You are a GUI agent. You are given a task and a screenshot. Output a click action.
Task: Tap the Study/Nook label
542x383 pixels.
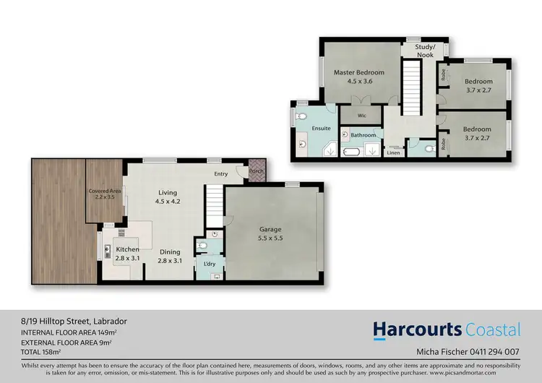[x=424, y=51]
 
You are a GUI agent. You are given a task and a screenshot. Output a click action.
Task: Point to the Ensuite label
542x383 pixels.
[x=321, y=129]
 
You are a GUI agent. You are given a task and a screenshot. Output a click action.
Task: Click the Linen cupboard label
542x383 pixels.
[x=393, y=153]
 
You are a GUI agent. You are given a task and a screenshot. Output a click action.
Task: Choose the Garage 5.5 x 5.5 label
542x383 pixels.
[x=270, y=233]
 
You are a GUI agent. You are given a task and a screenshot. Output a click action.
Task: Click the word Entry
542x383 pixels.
[x=220, y=174]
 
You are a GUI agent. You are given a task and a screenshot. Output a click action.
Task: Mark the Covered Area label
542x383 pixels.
[x=104, y=194]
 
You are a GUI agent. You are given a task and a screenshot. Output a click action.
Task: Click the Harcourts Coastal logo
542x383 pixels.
[x=447, y=330]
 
